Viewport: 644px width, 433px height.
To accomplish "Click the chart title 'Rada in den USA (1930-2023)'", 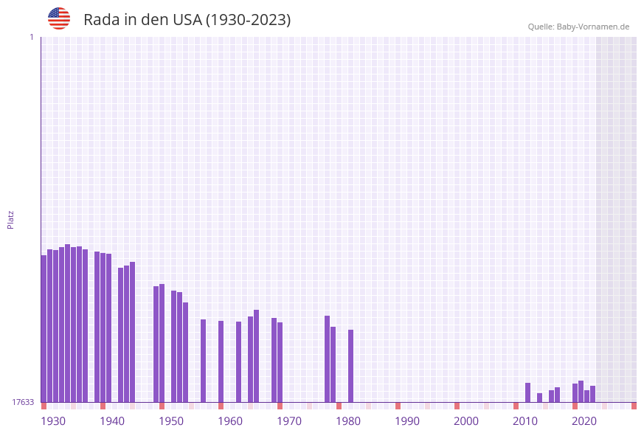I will (x=187, y=20).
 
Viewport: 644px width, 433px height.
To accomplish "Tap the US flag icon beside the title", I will (x=59, y=18).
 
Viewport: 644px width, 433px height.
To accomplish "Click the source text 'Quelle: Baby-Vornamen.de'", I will (x=578, y=27).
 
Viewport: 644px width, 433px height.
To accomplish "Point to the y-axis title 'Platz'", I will (x=11, y=219).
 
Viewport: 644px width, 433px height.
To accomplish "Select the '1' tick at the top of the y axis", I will (x=31, y=37).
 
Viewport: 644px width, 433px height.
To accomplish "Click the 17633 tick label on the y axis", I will (x=23, y=402).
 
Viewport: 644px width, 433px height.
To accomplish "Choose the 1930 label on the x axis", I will (x=53, y=421).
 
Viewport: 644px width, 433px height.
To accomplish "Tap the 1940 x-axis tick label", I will (x=112, y=421).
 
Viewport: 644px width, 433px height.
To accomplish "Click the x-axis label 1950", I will (x=171, y=421).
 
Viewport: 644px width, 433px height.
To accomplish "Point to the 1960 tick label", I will (x=230, y=421).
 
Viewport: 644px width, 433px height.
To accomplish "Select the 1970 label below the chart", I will (x=289, y=421).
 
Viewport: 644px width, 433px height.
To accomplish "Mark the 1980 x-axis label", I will (x=348, y=421).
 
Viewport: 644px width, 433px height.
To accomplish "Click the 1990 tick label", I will (x=407, y=421).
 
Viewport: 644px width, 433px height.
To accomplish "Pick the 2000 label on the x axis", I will (x=466, y=421).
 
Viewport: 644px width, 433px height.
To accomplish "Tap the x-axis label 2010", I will (x=525, y=421).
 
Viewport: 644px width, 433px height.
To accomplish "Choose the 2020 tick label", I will (x=584, y=421).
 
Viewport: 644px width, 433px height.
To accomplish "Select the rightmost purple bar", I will (x=592, y=394).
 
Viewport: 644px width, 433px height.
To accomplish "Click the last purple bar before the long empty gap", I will (x=350, y=366).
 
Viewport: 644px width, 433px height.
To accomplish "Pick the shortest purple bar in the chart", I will (x=539, y=398).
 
